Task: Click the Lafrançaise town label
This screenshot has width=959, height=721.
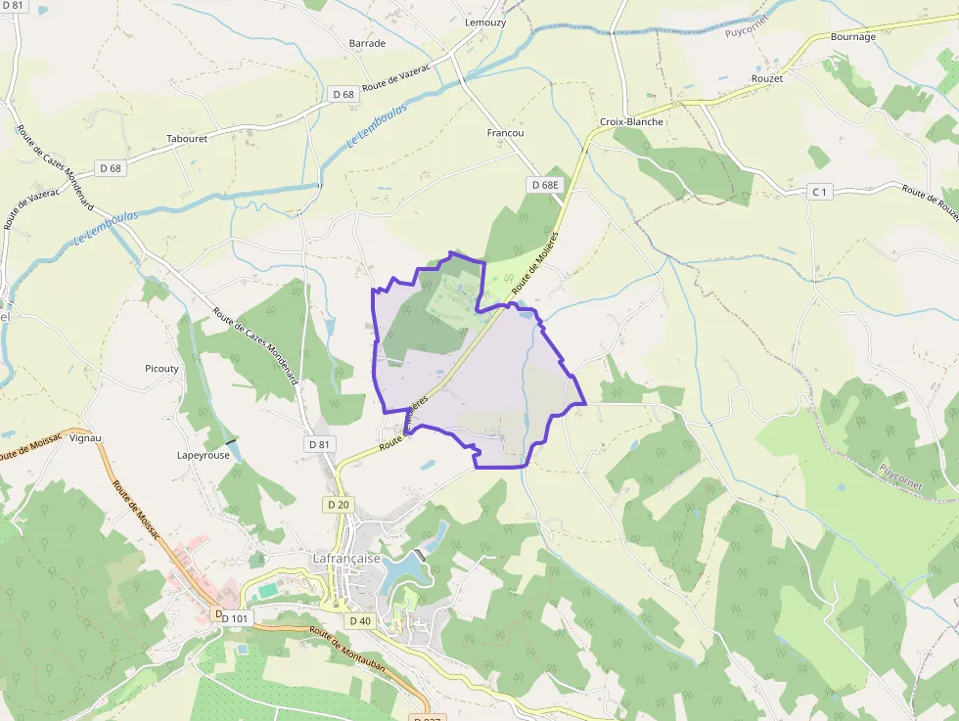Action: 345,559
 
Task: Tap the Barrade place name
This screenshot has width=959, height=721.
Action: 367,43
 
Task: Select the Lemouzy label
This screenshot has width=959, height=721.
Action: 486,22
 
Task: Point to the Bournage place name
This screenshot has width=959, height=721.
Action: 852,37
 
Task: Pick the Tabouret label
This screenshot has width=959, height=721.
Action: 187,139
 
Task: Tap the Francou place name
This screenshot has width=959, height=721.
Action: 505,133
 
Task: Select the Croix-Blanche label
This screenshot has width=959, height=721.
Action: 631,122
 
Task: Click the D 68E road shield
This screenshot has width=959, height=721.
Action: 544,185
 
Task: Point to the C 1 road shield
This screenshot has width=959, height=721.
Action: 820,192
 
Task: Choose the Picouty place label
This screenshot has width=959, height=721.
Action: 161,369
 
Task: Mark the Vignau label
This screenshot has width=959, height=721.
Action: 86,438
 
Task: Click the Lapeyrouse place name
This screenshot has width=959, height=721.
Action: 203,455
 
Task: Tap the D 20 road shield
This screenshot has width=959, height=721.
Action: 338,505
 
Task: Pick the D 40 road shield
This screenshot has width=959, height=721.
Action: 359,621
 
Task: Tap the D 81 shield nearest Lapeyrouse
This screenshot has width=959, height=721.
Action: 319,444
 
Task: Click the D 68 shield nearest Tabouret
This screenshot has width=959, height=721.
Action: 111,168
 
